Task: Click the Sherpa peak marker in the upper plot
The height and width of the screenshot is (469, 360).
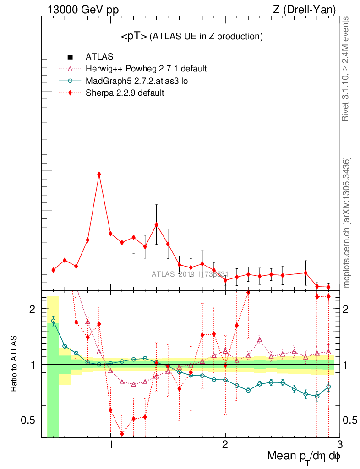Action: click(99, 174)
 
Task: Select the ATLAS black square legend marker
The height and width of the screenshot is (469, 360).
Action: click(70, 57)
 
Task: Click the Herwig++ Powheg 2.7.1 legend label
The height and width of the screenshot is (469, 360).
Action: click(146, 69)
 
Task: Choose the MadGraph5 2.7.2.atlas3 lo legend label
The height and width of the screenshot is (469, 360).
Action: click(137, 81)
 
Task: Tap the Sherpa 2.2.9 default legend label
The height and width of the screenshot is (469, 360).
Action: click(125, 93)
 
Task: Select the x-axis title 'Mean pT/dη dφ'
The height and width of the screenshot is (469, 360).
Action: click(304, 456)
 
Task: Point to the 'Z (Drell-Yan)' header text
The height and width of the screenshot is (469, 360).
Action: click(310, 9)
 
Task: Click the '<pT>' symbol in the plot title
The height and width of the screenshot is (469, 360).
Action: click(134, 37)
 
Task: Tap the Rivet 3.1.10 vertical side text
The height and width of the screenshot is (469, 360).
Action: click(346, 69)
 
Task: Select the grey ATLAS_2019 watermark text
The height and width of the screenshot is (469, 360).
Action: click(190, 274)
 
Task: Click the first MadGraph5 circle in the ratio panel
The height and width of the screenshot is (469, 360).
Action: click(53, 321)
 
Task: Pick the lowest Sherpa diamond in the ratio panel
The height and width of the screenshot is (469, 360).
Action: click(122, 434)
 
